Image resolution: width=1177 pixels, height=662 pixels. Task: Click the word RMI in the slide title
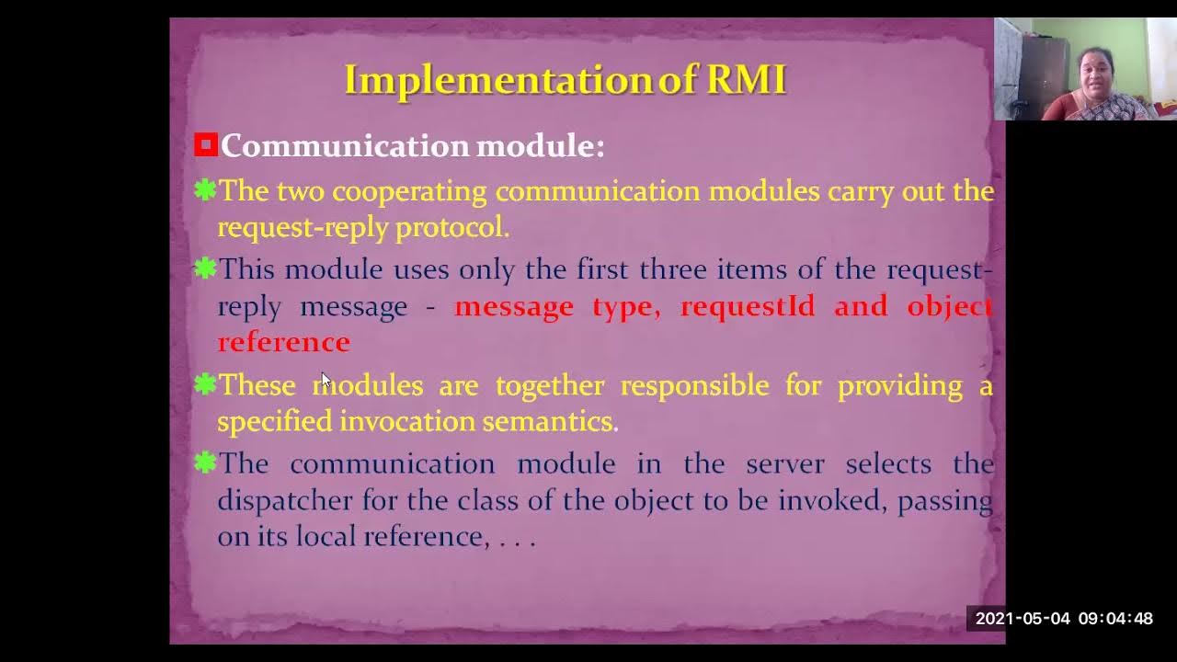point(746,80)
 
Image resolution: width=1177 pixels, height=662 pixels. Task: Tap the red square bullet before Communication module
point(206,145)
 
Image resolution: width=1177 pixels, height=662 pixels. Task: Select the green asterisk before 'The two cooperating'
point(205,190)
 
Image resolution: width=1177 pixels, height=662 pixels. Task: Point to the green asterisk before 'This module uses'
point(205,268)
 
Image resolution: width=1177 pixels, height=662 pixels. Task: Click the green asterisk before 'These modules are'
point(205,384)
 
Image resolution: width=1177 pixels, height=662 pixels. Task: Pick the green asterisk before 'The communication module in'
point(205,462)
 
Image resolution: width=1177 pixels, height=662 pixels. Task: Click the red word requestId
point(747,306)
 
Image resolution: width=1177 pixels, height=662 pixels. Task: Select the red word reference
point(283,342)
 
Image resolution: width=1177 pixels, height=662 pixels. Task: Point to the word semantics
point(550,421)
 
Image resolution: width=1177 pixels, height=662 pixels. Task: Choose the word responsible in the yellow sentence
point(694,385)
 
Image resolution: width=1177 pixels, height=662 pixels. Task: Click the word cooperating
point(408,191)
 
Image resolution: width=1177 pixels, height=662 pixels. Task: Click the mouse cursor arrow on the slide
point(326,381)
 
